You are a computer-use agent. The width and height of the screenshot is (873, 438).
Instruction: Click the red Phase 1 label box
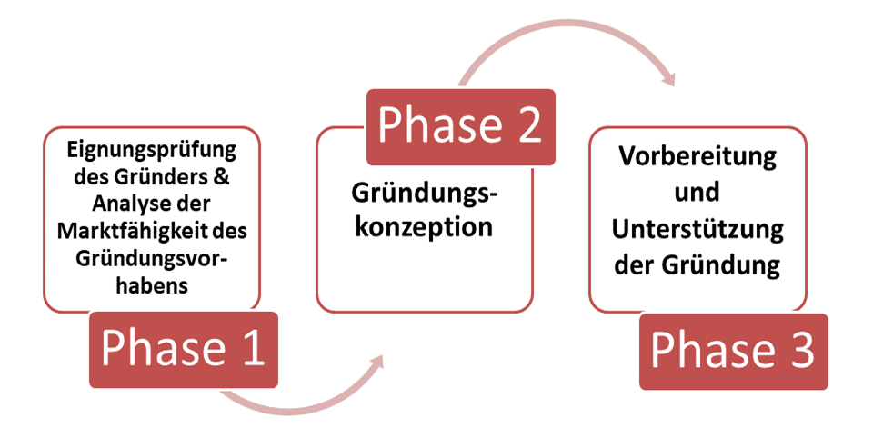(x=184, y=350)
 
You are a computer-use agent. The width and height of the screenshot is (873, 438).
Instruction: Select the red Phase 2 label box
(x=461, y=127)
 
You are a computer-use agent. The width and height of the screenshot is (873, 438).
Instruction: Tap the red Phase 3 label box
(x=734, y=352)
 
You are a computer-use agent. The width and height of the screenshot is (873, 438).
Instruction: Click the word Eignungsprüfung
(x=152, y=151)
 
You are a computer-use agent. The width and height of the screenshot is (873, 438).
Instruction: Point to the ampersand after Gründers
(x=222, y=177)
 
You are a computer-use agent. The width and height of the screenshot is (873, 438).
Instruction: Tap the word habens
(x=152, y=285)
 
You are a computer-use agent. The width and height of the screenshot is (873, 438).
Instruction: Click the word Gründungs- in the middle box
(x=425, y=194)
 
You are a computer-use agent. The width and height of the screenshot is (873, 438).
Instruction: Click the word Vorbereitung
(x=697, y=156)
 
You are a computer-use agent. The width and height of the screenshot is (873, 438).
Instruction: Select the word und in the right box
(x=697, y=193)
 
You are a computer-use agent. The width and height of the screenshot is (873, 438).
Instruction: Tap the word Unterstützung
(x=697, y=229)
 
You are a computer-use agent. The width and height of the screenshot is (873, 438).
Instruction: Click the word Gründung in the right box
(x=721, y=265)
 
